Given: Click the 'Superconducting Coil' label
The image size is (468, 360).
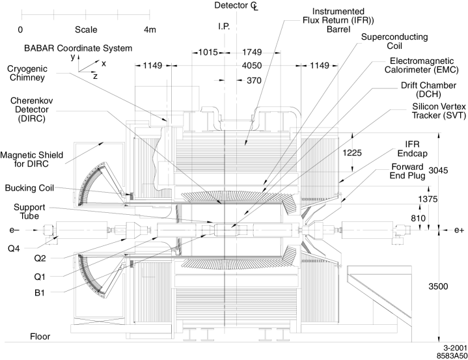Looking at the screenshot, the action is click(x=394, y=41).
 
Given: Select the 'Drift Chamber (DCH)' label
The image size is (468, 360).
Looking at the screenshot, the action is click(x=428, y=90).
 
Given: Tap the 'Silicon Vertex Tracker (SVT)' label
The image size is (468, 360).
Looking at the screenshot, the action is click(x=439, y=111).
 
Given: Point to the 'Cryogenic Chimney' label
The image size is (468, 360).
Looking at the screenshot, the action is click(x=27, y=73).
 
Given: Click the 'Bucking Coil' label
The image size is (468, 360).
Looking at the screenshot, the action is click(x=29, y=188).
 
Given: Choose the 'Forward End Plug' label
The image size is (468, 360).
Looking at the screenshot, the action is click(x=407, y=171).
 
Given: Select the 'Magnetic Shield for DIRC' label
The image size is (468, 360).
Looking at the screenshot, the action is click(x=32, y=159).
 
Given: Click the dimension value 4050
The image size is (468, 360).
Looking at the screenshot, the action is click(x=252, y=65).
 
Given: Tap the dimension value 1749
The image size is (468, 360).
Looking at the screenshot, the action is click(x=252, y=52).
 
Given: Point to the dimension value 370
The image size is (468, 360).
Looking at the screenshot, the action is click(x=254, y=81).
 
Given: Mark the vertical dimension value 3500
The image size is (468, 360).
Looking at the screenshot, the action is click(x=438, y=286).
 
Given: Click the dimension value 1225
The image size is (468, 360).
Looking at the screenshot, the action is click(x=352, y=153).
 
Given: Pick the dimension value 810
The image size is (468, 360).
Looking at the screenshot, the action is click(x=418, y=218).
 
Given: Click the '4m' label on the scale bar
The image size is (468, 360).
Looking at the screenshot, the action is click(x=150, y=29).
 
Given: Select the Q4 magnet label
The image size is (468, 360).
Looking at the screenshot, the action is click(x=14, y=249).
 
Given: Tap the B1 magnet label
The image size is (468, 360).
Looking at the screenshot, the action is click(x=40, y=293).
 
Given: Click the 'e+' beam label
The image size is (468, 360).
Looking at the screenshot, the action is click(x=459, y=230).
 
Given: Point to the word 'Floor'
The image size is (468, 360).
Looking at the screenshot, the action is click(x=40, y=337).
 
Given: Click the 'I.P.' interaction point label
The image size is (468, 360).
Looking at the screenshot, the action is click(x=224, y=27).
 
